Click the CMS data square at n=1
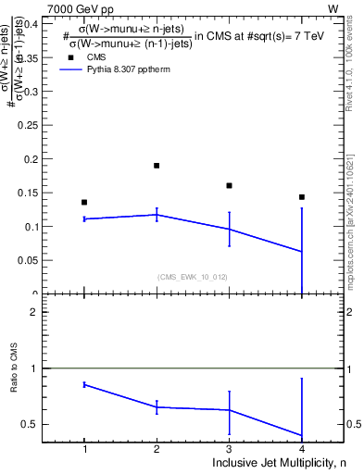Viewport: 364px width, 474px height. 84,202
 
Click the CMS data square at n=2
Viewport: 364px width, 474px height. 157,166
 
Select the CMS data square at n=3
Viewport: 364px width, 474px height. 229,185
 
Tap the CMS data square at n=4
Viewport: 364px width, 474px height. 302,197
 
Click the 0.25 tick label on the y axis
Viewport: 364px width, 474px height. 29,125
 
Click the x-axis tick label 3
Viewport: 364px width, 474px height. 229,449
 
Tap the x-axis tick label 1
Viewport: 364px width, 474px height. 84,449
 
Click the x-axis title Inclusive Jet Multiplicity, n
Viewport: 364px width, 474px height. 278,462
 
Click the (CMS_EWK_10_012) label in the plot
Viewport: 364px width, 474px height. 193,277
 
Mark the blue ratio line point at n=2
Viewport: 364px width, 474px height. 157,407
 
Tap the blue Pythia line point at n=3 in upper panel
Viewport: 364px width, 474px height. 229,229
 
